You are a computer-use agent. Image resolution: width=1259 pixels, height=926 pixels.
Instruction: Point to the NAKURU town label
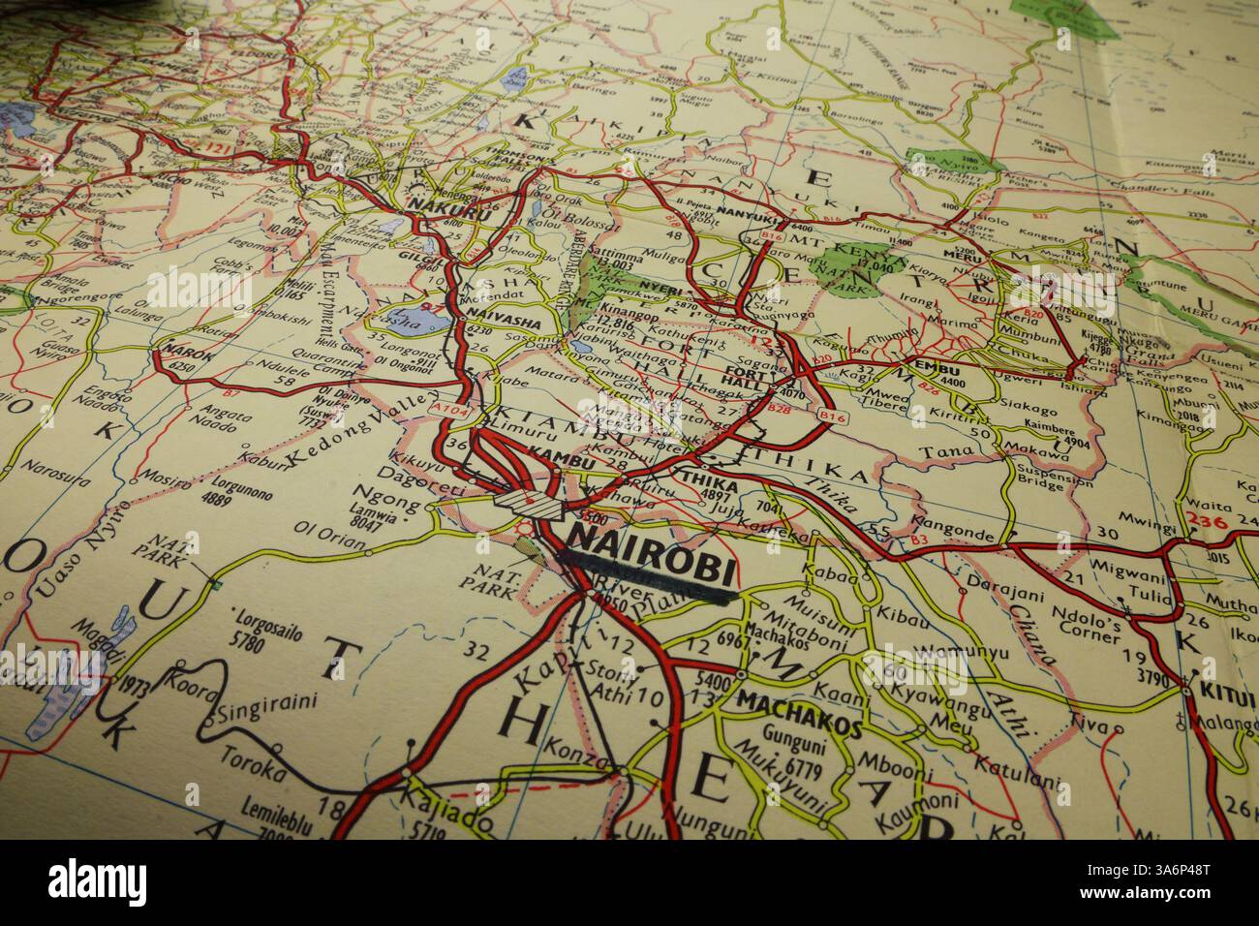437,204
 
